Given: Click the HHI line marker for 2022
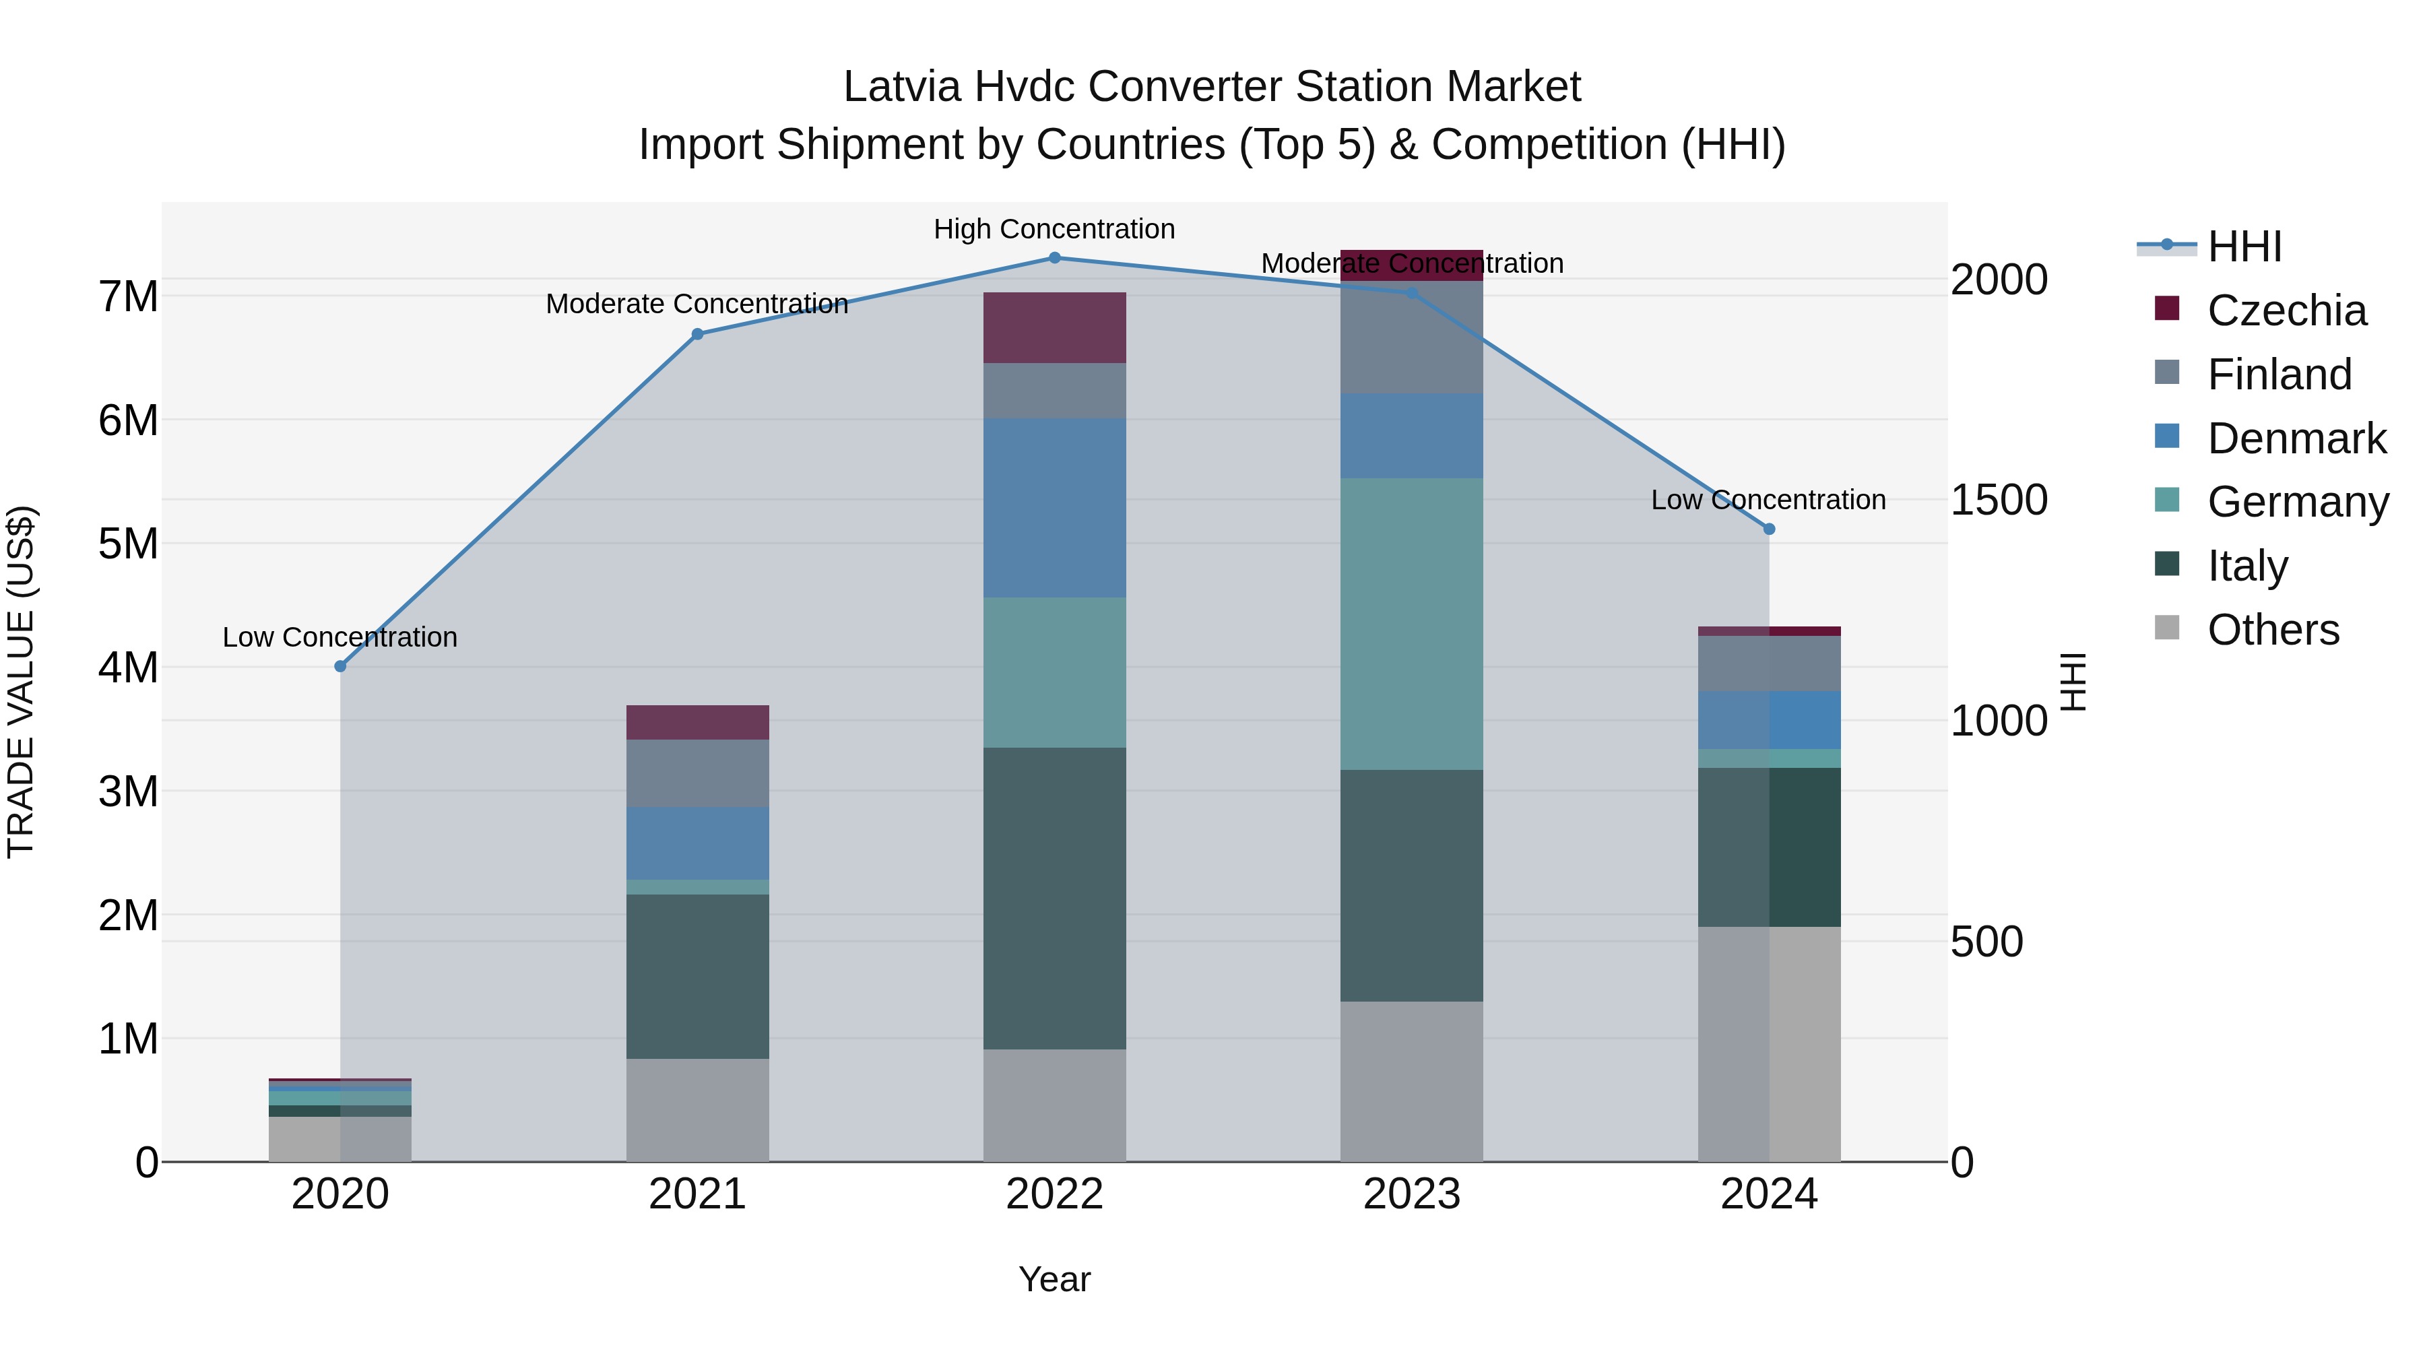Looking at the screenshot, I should (1054, 258).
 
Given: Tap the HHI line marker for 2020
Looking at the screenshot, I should (341, 666).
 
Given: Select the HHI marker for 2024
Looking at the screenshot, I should (1769, 529).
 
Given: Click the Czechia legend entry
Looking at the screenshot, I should (2286, 311).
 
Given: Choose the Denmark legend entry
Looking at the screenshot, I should (2296, 439).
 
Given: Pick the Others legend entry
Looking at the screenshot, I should (2273, 630).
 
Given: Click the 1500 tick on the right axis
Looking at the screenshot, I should (1999, 500).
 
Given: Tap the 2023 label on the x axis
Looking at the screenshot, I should (1411, 1194).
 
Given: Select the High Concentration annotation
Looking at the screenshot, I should (1054, 229).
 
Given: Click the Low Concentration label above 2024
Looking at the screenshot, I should (1768, 500).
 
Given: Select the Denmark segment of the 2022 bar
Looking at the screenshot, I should (1054, 509).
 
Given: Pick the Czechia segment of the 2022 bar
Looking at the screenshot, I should (1054, 327).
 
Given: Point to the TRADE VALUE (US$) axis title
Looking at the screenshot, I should (21, 682).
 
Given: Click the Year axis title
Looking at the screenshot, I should (1054, 1279).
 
